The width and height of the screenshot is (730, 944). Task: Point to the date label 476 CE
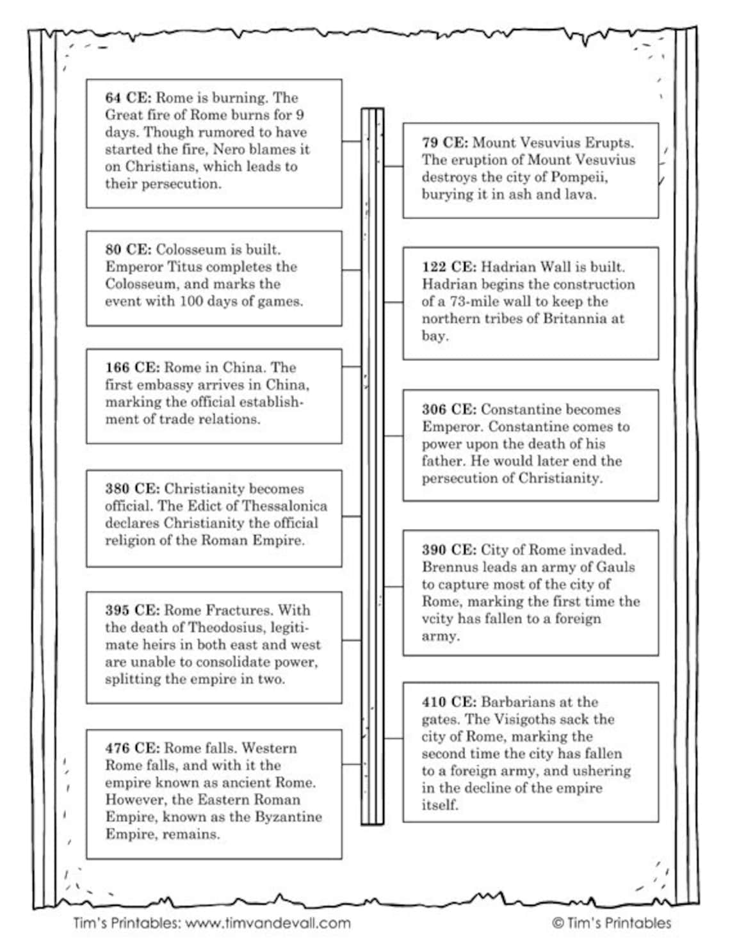pyautogui.click(x=132, y=748)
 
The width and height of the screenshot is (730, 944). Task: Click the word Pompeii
pyautogui.click(x=581, y=177)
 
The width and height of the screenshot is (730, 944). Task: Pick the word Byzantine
pyautogui.click(x=288, y=817)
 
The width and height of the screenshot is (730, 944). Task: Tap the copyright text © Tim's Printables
pyautogui.click(x=612, y=923)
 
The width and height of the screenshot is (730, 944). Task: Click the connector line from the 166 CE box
pyautogui.click(x=352, y=367)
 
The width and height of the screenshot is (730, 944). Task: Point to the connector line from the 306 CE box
pyautogui.click(x=393, y=436)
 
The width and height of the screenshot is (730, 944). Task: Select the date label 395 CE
pyautogui.click(x=132, y=610)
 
